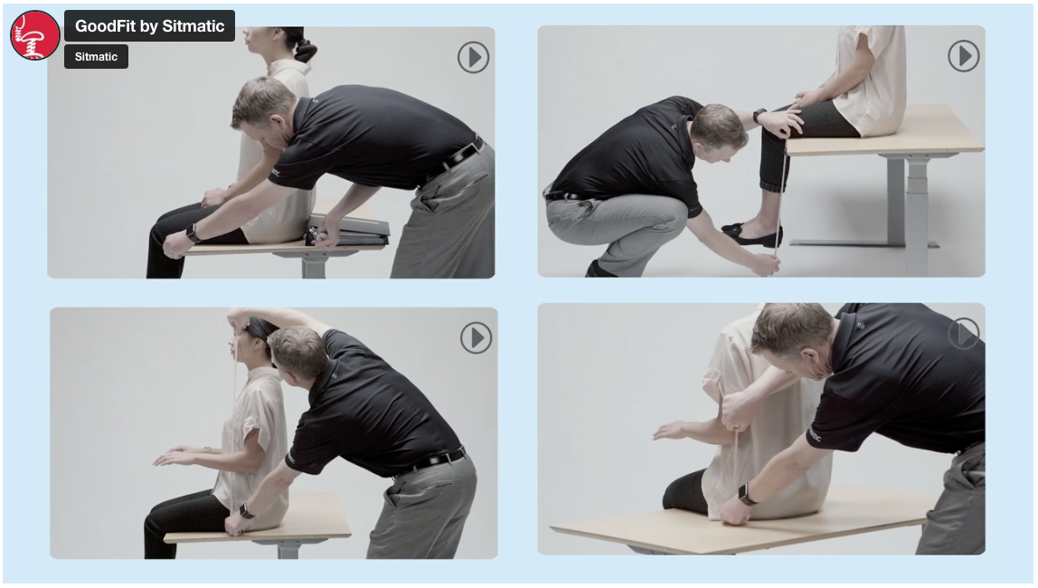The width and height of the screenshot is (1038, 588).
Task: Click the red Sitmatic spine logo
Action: [x=35, y=34]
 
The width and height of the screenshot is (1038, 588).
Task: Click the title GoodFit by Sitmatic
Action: [x=149, y=26]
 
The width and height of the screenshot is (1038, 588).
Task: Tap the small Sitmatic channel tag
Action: [x=96, y=57]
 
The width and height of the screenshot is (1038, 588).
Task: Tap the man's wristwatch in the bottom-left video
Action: [x=246, y=511]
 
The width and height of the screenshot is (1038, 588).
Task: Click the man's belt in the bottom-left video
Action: [x=431, y=461]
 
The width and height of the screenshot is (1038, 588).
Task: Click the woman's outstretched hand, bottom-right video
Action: [x=671, y=432]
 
